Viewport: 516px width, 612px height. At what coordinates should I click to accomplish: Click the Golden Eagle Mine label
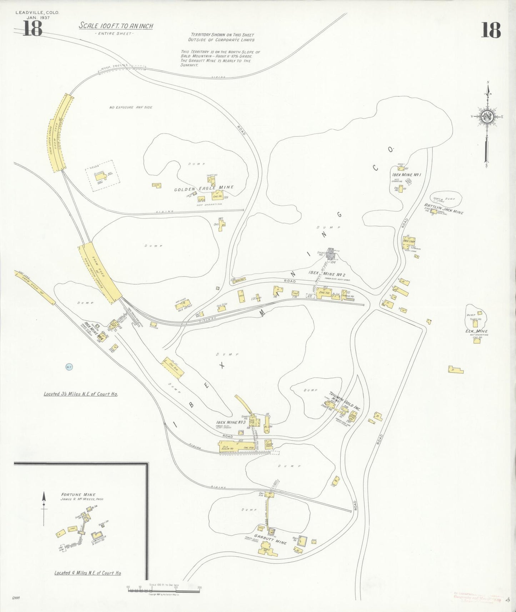(x=204, y=188)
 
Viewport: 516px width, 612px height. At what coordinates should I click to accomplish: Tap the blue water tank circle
(x=69, y=367)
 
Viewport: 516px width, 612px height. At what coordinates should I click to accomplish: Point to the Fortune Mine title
(x=78, y=495)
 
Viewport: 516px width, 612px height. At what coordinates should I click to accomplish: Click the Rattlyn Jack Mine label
(x=444, y=208)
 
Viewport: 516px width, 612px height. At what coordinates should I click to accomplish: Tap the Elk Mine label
(x=477, y=331)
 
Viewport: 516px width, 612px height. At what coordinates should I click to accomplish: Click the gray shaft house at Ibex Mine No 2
(x=331, y=254)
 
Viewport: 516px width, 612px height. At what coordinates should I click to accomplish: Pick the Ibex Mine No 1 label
(x=407, y=175)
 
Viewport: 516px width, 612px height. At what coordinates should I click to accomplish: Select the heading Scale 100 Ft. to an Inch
(x=116, y=26)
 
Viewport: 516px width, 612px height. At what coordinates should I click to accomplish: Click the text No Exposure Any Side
(x=131, y=107)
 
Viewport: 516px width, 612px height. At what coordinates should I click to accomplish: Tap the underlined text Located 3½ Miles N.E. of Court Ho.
(x=81, y=394)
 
